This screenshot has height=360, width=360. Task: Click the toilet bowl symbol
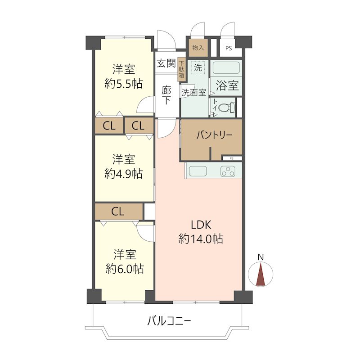coord(227,108)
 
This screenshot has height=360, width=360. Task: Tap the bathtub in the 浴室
coord(226,68)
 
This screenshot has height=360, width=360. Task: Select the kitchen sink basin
coord(198,171)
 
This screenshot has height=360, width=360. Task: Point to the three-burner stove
coord(228,171)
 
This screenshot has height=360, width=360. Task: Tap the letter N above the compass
coord(261,257)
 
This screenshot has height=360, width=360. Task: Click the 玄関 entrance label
coord(166,63)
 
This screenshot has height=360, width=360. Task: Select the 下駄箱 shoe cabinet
coord(181,69)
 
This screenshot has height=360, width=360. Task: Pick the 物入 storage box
coord(198,48)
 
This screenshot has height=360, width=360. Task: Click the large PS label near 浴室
coord(229,49)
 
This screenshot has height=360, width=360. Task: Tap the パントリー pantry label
coord(214,135)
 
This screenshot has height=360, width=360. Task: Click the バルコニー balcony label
coord(169,321)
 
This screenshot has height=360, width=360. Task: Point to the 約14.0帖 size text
coord(201,239)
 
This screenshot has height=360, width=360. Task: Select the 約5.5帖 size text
coord(123,84)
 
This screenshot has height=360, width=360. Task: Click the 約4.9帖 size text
coord(123,174)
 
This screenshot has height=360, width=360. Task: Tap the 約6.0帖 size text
coord(125,269)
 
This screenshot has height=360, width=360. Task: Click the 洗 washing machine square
coord(198,68)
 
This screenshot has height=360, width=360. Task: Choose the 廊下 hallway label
coord(166,95)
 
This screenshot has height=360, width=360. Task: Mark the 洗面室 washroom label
coord(194,93)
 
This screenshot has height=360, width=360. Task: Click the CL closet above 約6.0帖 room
coord(119,211)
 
